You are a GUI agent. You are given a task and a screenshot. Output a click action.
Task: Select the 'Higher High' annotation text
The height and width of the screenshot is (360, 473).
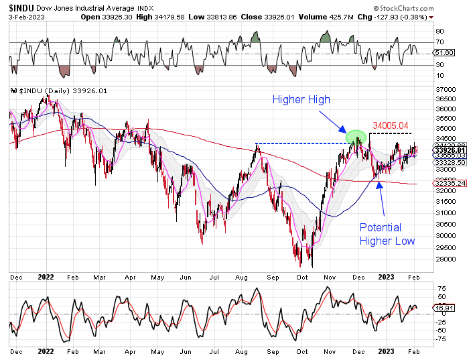(301, 100)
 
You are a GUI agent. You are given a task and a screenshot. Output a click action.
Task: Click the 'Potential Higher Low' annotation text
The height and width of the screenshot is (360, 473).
(387, 234)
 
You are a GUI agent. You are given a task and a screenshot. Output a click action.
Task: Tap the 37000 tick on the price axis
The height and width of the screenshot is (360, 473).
(445, 89)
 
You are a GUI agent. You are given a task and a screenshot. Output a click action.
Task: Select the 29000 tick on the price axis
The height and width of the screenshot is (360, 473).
(445, 259)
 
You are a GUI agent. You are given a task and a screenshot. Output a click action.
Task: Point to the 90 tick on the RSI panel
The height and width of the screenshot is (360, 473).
(440, 31)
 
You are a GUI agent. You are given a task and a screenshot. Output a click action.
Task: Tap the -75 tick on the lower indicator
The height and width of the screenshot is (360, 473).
(442, 339)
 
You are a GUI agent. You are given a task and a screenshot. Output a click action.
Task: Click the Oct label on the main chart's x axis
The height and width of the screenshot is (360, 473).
(301, 276)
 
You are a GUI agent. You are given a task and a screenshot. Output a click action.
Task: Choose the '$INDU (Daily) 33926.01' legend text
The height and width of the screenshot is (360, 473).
(56, 91)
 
